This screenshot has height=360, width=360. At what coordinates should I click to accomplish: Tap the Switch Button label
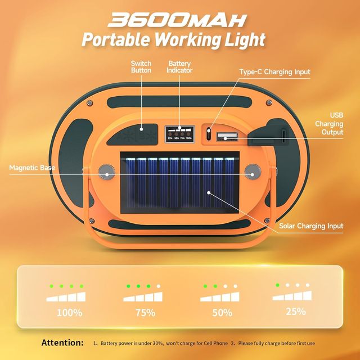tap(141, 67)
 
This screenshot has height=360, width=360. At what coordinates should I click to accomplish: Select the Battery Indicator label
tap(179, 67)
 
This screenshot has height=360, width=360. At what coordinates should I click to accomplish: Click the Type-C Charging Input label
tap(274, 72)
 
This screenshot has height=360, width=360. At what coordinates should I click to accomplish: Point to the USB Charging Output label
tap(328, 124)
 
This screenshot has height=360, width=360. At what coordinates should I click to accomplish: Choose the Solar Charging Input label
tap(311, 226)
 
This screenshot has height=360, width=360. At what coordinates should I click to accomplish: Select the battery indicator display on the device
tap(179, 134)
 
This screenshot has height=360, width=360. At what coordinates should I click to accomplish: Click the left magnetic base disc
tap(105, 172)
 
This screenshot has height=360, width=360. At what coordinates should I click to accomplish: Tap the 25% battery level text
tap(295, 311)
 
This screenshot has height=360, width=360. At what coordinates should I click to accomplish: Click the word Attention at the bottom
tap(62, 343)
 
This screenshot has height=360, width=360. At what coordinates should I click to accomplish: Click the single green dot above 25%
tap(277, 285)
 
